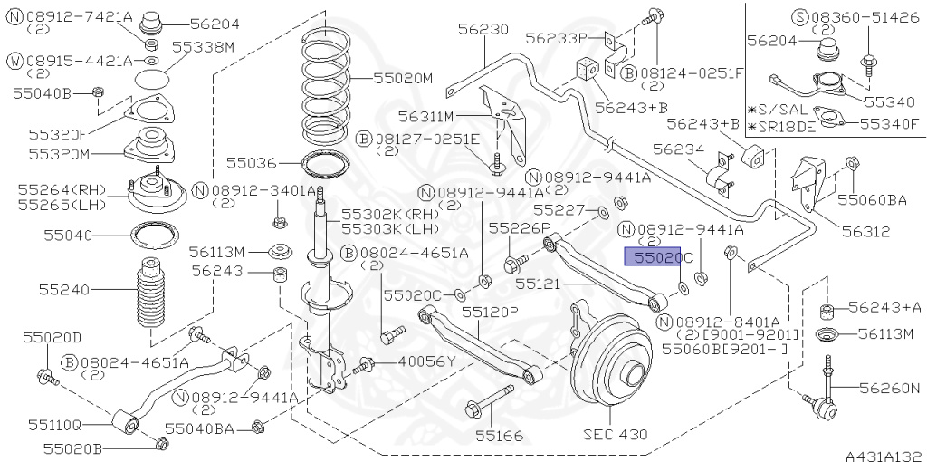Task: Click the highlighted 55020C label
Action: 658,258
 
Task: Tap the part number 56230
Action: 483,29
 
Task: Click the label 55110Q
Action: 54,423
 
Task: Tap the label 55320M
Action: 60,153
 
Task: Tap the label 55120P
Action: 490,311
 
